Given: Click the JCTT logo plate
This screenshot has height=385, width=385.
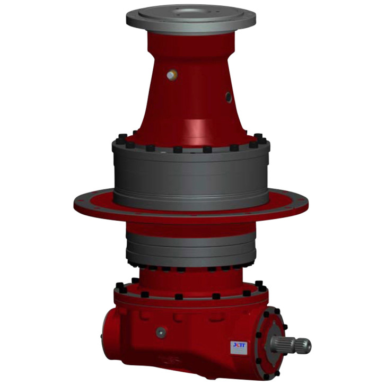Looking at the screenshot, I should point(238,345).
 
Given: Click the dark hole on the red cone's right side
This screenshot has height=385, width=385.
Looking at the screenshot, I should point(229,97).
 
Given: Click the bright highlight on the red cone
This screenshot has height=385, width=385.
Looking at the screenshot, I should point(197,127).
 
